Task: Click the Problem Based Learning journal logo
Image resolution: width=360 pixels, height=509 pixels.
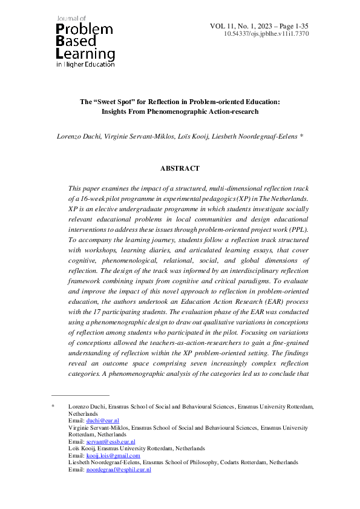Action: point(85,40)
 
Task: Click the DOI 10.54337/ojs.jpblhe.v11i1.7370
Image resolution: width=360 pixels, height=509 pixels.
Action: point(267,34)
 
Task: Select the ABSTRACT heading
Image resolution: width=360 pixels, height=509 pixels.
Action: point(180,168)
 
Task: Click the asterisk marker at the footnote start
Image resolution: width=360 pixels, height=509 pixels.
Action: point(53,406)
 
